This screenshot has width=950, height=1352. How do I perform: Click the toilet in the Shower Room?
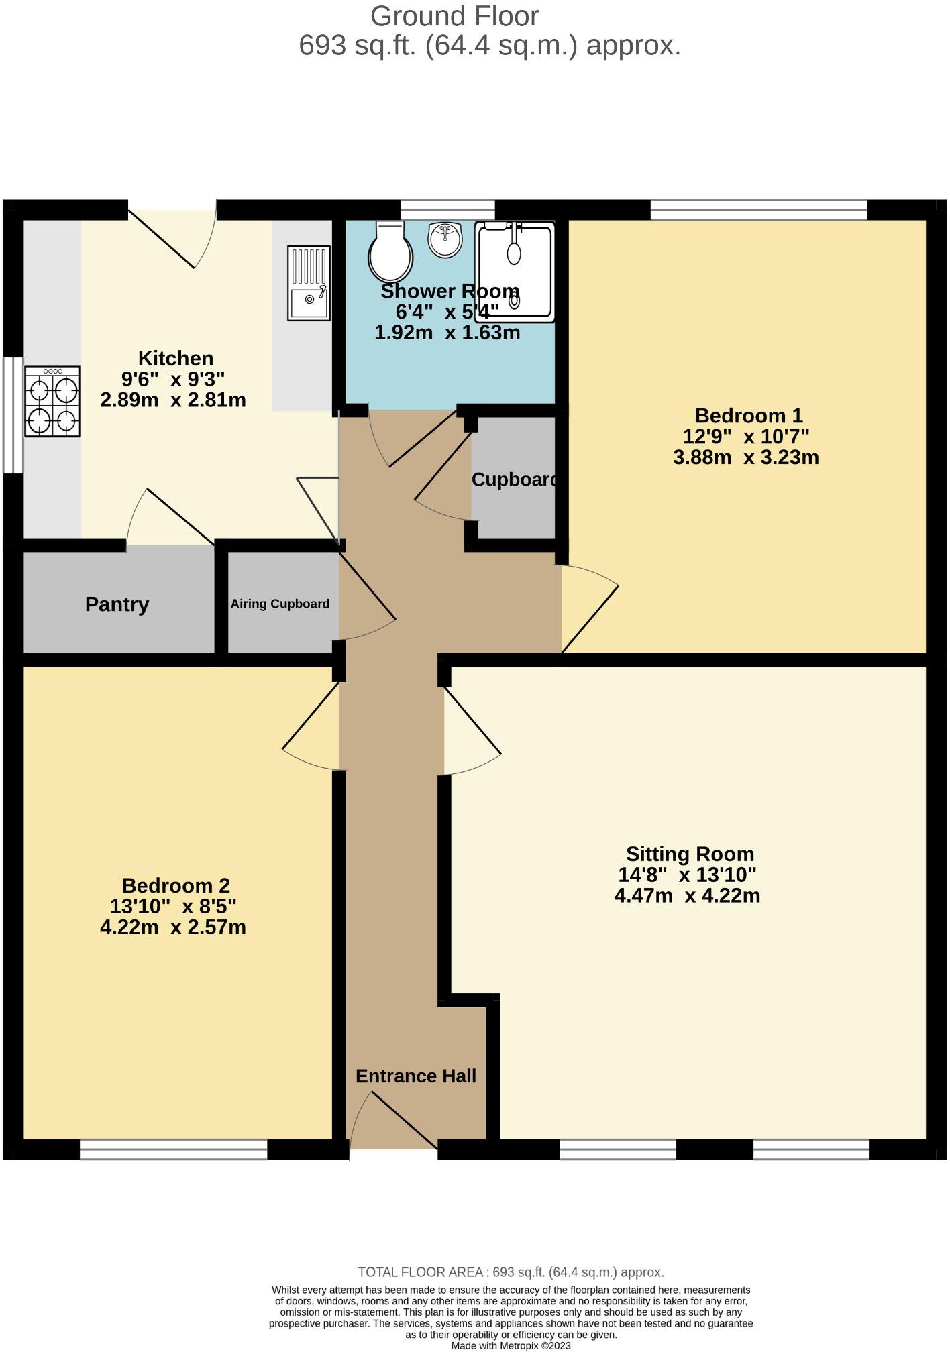pyautogui.click(x=390, y=253)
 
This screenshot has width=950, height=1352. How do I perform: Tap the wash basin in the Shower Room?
pyautogui.click(x=445, y=239)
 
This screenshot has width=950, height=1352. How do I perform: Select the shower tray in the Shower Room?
pyautogui.click(x=515, y=272)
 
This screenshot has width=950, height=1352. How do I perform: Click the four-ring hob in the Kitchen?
pyautogui.click(x=52, y=401)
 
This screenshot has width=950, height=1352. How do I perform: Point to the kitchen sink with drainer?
pyautogui.click(x=309, y=282)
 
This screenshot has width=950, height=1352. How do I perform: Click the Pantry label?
pyautogui.click(x=117, y=604)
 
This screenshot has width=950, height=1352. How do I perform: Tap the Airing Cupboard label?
pyautogui.click(x=280, y=604)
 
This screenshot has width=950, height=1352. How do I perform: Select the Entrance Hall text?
pyautogui.click(x=415, y=1076)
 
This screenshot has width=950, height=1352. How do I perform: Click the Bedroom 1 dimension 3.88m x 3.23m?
pyautogui.click(x=745, y=457)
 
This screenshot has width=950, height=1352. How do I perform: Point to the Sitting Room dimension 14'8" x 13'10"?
pyautogui.click(x=687, y=875)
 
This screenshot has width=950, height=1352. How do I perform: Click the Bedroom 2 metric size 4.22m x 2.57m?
pyautogui.click(x=172, y=927)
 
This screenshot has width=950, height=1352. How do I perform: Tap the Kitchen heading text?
pyautogui.click(x=175, y=358)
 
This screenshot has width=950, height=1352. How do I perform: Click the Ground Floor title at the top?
pyautogui.click(x=454, y=16)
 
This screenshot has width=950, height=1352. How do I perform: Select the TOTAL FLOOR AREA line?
pyautogui.click(x=511, y=1272)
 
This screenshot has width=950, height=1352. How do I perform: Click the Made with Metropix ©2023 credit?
pyautogui.click(x=511, y=1345)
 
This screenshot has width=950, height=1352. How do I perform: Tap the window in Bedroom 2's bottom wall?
pyautogui.click(x=173, y=1149)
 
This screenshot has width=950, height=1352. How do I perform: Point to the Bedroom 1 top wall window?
pyautogui.click(x=758, y=210)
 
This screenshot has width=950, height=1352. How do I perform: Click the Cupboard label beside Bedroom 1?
pyautogui.click(x=514, y=480)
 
